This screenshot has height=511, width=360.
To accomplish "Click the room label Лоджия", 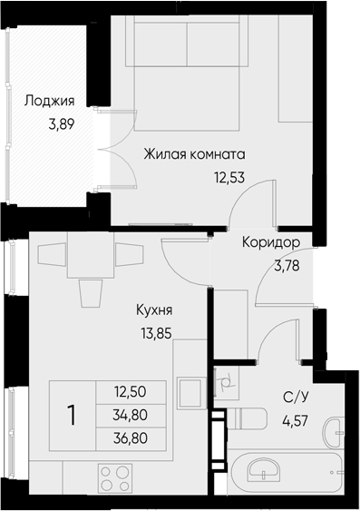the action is click(x=50, y=101).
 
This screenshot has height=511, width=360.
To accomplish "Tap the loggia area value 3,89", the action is click(x=62, y=124).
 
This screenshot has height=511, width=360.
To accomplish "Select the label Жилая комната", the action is click(x=194, y=154).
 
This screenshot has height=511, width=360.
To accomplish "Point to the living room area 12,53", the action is click(x=229, y=178).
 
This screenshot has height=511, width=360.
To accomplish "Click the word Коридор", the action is click(x=271, y=242).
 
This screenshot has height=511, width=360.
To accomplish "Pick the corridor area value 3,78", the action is click(x=287, y=266).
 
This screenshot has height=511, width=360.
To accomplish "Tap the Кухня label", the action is click(x=154, y=310).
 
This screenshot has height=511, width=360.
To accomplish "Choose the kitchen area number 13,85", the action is click(x=156, y=333).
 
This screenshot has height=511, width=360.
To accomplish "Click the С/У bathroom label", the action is click(x=296, y=398).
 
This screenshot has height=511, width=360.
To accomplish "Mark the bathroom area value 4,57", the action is click(x=295, y=421).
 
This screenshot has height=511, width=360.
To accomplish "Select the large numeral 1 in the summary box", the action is click(x=72, y=416).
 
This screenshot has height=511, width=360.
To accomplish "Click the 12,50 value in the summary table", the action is click(x=131, y=391).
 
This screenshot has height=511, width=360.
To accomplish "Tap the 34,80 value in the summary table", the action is click(x=131, y=415).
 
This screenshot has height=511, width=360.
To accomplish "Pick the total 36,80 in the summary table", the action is click(x=131, y=438).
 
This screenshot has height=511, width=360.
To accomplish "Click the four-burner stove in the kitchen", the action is click(x=115, y=477).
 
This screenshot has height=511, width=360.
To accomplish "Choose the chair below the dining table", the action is click(x=91, y=293).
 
